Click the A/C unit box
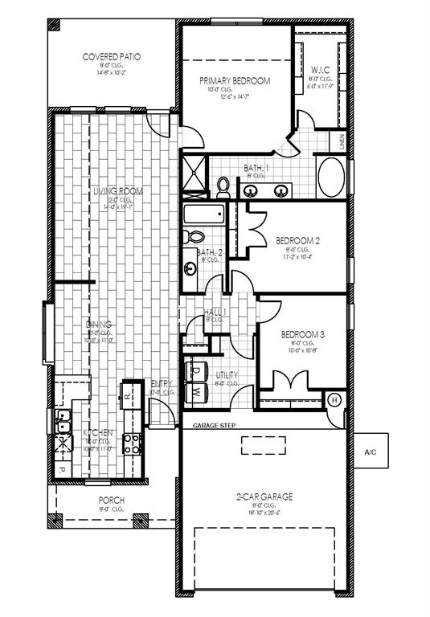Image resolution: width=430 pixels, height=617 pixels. click(x=371, y=452)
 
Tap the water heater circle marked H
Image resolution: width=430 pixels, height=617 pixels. click(x=335, y=399)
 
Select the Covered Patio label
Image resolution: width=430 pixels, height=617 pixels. click(x=112, y=57)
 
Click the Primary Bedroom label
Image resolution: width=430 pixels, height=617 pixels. click(x=234, y=80)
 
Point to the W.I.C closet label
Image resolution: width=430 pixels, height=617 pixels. click(x=321, y=70)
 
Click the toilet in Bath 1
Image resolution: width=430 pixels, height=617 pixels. click(x=223, y=186)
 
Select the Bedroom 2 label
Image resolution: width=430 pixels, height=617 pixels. click(x=298, y=240)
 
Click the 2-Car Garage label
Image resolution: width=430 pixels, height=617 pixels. click(x=264, y=497)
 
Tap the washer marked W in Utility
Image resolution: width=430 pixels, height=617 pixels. click(x=197, y=393)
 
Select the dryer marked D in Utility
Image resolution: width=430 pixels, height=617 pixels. click(x=196, y=372)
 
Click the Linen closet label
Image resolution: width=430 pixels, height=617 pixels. click(x=342, y=142)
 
